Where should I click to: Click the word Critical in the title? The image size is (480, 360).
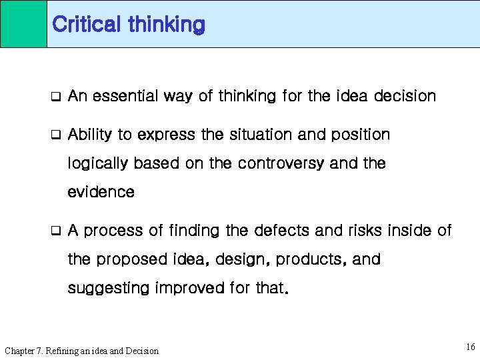point(86,25)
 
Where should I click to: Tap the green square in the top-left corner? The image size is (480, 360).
point(23,24)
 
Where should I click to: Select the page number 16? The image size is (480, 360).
point(471,347)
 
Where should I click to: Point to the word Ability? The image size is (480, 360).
point(90,135)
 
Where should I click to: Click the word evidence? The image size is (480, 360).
point(101,193)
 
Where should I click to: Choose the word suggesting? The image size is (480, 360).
point(107,289)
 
